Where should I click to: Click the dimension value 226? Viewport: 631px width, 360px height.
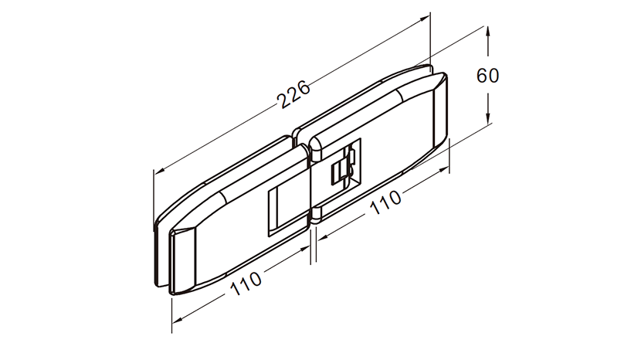click(294, 94)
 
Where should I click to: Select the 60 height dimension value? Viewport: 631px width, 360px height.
click(488, 75)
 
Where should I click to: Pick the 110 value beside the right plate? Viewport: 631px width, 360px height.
click(385, 202)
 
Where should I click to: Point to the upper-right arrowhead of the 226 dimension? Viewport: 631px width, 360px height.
click(425, 19)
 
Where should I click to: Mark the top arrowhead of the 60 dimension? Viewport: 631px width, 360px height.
click(488, 32)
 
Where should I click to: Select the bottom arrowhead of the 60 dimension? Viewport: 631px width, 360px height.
click(488, 117)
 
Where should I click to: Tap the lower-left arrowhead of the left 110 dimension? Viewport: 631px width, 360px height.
click(178, 319)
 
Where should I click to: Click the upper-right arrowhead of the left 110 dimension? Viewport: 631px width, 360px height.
click(305, 249)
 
